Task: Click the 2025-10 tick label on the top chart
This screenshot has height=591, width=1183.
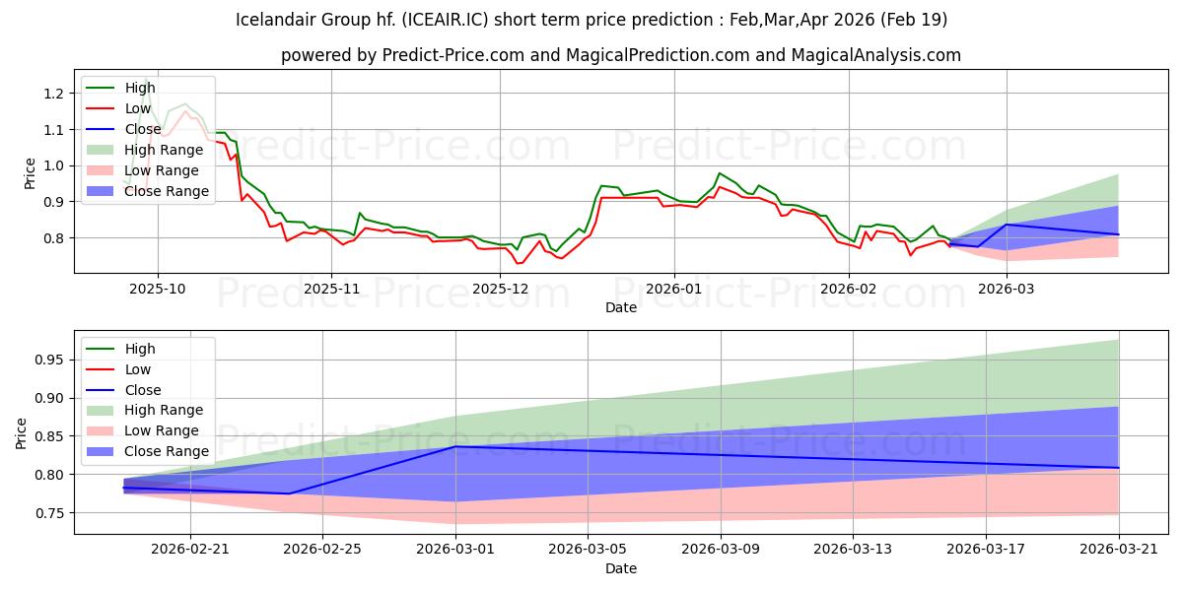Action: [x=158, y=289]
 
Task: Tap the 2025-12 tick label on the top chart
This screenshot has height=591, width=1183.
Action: [x=501, y=289]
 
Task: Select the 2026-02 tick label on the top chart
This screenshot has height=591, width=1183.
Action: [x=849, y=289]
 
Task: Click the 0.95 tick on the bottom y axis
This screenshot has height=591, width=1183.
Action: [x=48, y=361]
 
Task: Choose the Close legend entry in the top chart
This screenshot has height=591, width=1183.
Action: [x=143, y=129]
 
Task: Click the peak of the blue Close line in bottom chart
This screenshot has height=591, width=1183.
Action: [x=455, y=446]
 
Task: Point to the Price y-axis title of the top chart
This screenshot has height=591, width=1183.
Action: [x=30, y=172]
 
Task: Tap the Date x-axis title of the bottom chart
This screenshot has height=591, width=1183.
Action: [x=621, y=568]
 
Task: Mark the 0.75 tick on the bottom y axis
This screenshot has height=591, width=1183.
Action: [x=48, y=513]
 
